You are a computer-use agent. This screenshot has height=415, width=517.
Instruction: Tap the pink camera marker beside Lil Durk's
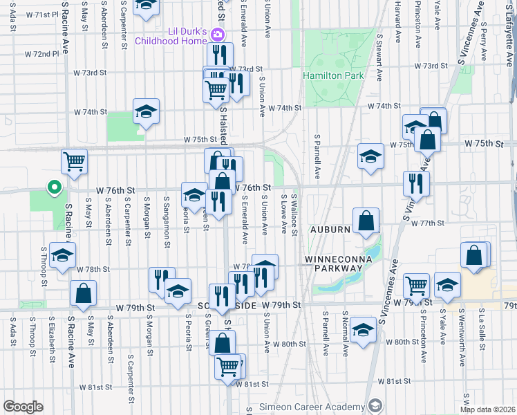pos(218,34)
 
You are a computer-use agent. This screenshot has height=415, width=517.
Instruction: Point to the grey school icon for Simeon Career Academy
pos(375,405)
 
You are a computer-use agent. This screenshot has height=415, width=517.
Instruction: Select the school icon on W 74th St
pos(146,111)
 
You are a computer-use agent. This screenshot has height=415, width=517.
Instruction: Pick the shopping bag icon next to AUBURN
pos(366,221)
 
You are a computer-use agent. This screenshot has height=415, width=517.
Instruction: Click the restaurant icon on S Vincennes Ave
pos(416,183)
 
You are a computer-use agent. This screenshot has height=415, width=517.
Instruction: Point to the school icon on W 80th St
pos(363,329)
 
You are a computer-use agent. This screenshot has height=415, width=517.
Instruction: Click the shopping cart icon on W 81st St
pos(227,366)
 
